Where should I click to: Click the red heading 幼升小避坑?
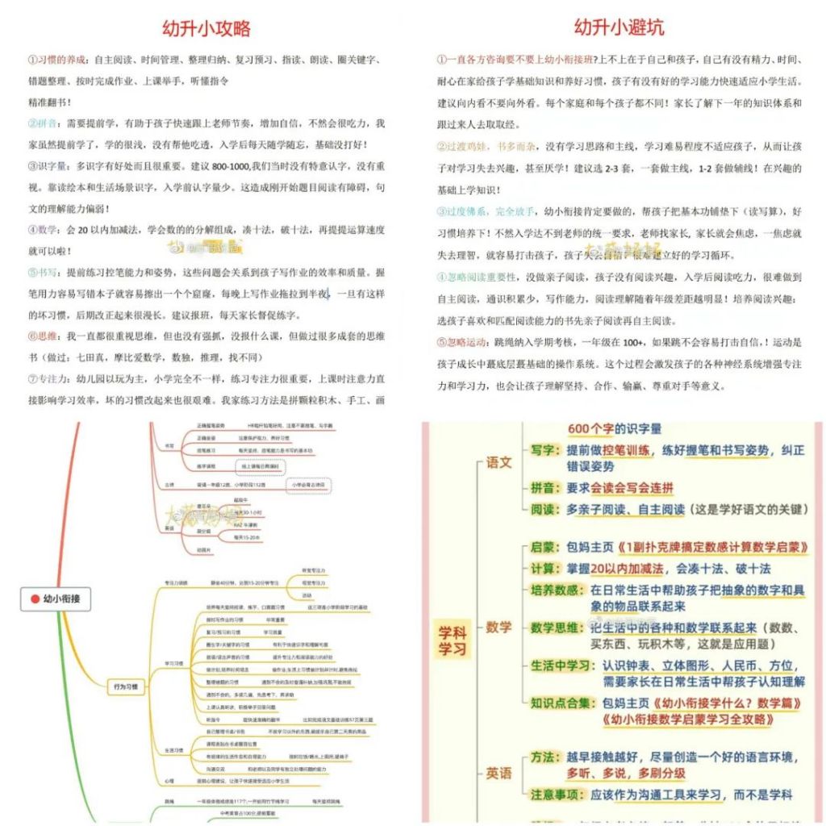(619, 27)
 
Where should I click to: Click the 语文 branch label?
(499, 463)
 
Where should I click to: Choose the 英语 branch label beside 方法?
(499, 773)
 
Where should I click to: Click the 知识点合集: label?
(563, 703)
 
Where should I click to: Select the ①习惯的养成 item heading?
(56, 60)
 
